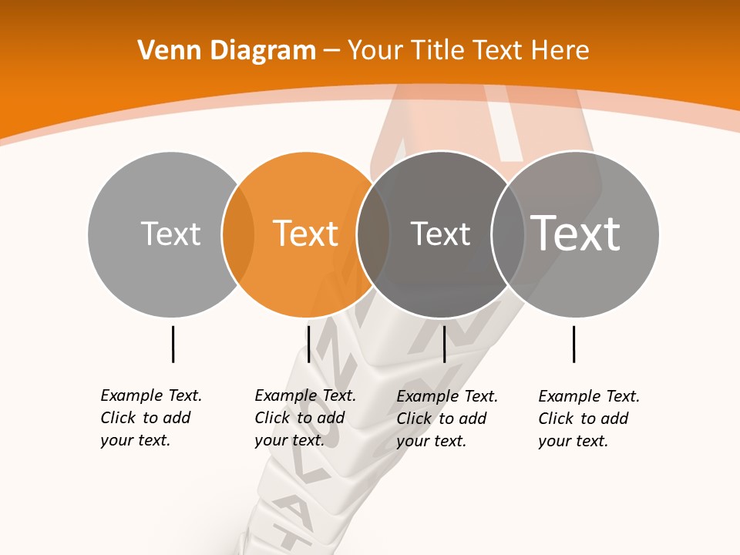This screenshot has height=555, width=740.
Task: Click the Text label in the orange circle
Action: pos(306,234)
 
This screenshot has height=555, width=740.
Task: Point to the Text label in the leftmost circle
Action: pos(170,234)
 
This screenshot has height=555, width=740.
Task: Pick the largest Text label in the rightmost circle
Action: pos(576,233)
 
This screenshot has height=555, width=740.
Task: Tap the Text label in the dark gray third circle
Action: pos(440,234)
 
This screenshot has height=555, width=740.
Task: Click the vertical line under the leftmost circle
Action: pos(173,344)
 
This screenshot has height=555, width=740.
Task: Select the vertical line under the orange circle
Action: pos(308,344)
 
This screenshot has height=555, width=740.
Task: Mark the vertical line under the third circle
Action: pos(444,344)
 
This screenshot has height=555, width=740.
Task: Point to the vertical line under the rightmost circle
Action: pos(573,344)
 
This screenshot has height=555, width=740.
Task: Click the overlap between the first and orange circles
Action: pos(238,234)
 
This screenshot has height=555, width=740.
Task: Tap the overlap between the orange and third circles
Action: pos(373,234)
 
